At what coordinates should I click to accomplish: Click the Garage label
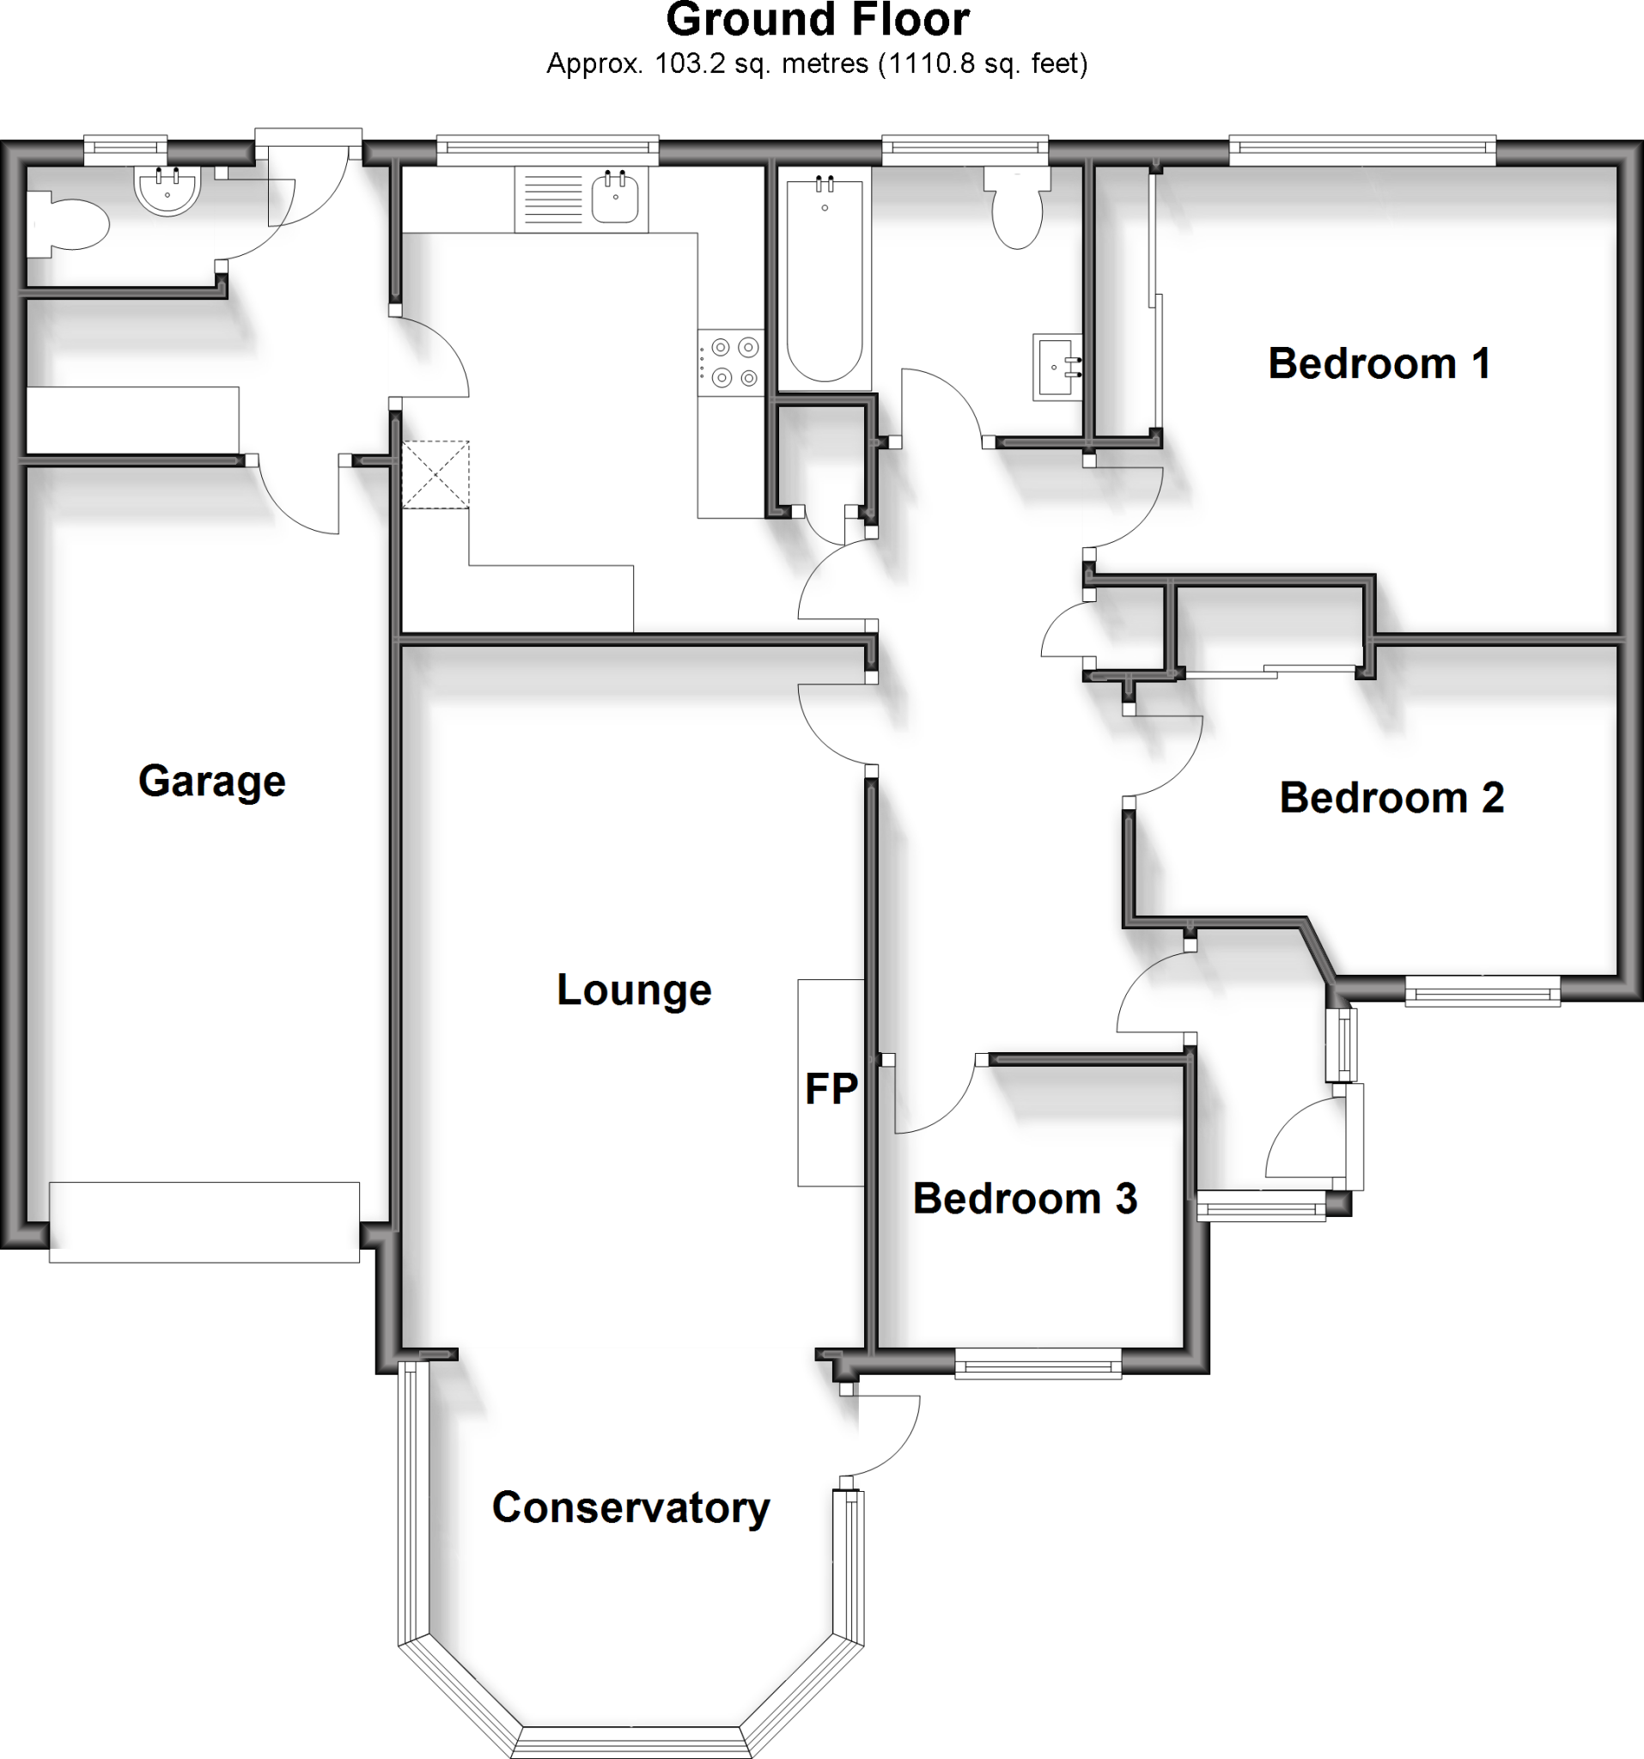point(211,782)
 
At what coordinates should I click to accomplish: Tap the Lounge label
point(634,989)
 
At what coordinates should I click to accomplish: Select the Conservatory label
point(630,1506)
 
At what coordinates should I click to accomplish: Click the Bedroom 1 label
point(1379,363)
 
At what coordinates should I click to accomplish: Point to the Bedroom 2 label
point(1391,797)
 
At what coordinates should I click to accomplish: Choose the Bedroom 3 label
point(1025,1199)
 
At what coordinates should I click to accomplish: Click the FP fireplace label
point(831,1089)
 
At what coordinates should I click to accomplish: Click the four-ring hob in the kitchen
point(730,362)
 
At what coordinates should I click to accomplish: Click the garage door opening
point(204,1222)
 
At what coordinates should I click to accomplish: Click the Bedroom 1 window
point(1361,151)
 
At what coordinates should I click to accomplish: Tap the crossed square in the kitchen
point(435,474)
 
